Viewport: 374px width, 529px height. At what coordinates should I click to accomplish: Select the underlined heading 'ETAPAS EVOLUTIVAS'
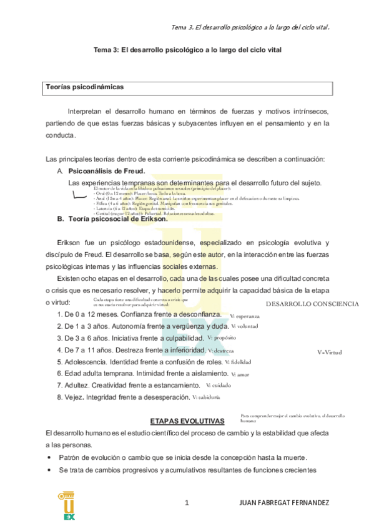187,421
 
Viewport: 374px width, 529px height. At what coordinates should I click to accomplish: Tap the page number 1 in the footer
187,503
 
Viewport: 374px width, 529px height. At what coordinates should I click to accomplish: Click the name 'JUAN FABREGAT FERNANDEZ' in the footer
284,503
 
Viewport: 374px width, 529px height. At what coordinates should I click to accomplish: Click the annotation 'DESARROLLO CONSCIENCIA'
312,304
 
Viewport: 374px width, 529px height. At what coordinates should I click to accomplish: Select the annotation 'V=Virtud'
329,352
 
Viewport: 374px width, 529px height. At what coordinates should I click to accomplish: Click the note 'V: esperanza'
245,316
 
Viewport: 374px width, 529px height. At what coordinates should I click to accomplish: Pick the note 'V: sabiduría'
206,397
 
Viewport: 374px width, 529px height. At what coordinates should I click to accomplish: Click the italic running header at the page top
250,27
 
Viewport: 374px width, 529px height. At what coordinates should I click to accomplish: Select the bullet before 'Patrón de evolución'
49,457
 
